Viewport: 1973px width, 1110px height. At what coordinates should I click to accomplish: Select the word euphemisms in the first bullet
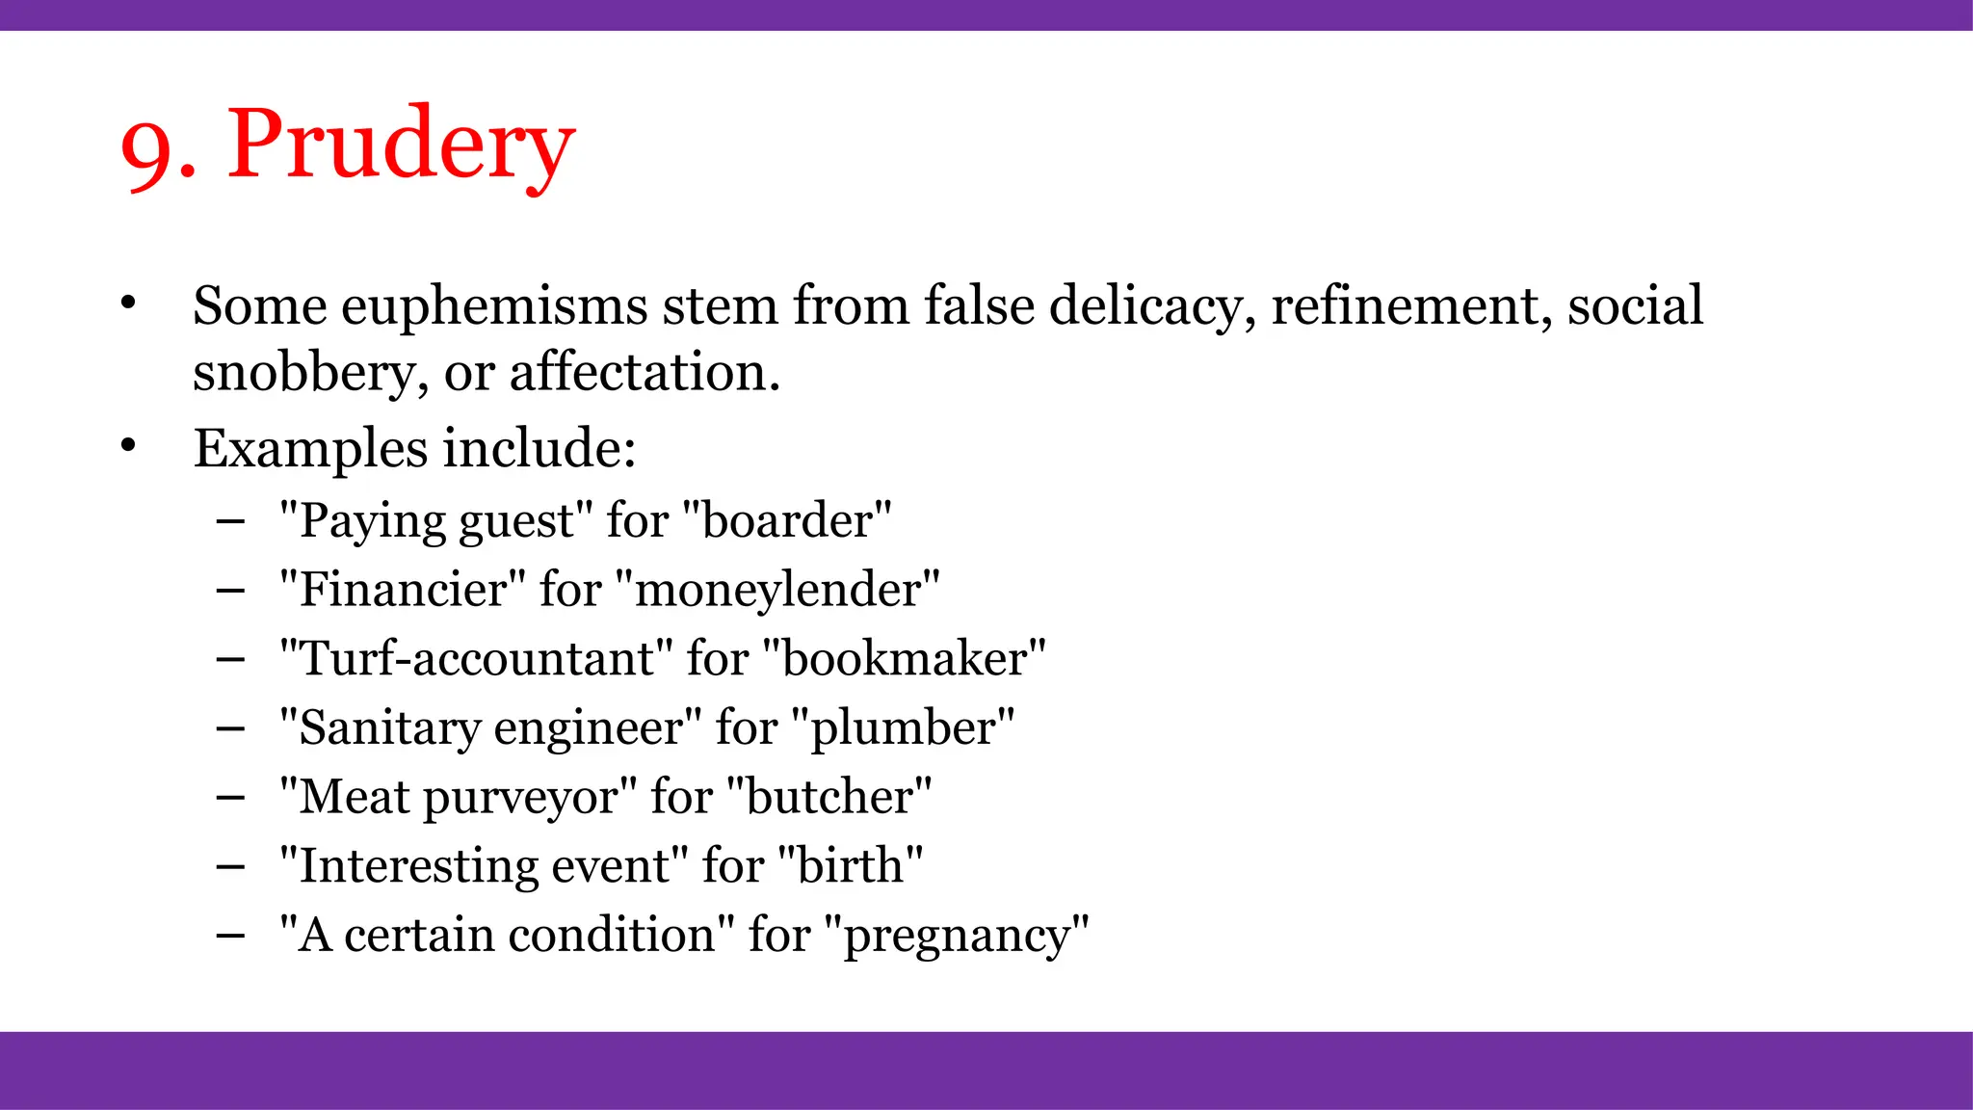[x=494, y=307]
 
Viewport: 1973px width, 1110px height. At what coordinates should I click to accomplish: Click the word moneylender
[x=776, y=590]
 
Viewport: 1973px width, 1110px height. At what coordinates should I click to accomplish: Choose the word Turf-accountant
[x=476, y=659]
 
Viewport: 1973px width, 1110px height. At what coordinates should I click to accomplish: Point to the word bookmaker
[x=904, y=659]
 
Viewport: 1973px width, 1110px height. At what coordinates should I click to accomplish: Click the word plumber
[x=903, y=728]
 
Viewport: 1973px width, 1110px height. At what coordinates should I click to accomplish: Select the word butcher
[x=829, y=798]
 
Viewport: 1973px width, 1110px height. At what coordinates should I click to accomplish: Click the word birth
[x=850, y=866]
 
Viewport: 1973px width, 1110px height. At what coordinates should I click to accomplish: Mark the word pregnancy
[x=957, y=937]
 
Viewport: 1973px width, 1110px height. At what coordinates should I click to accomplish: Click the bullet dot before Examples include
[x=129, y=446]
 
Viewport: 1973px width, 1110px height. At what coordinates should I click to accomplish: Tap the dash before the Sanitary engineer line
[x=230, y=728]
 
